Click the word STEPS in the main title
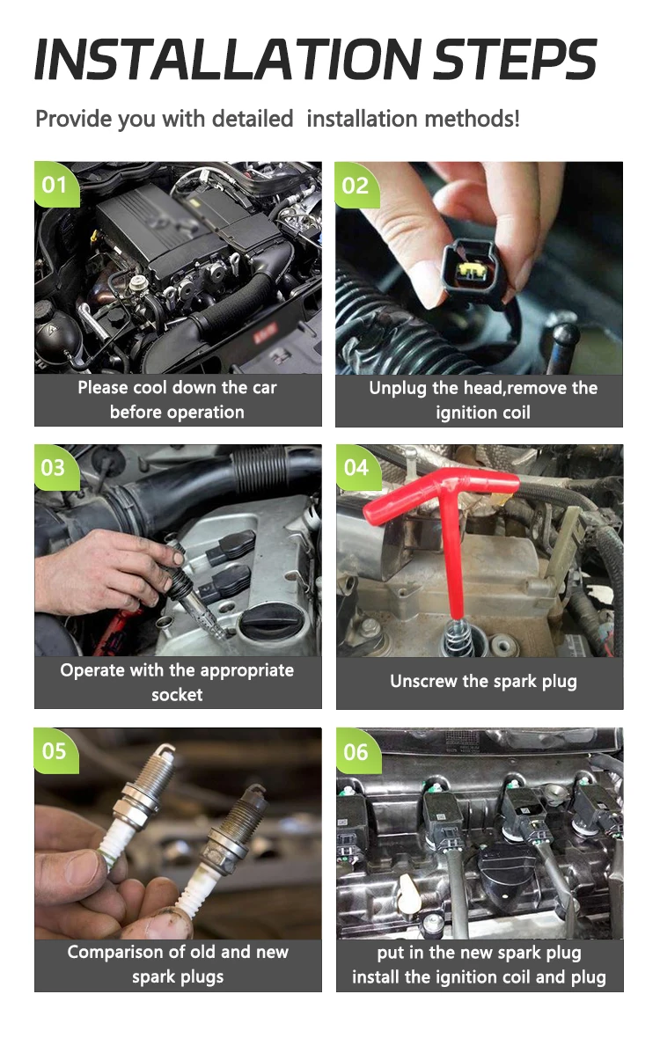tap(516, 60)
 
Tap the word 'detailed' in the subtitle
tap(253, 119)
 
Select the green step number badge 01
tap(56, 184)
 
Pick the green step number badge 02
tap(356, 185)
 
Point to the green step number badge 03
tap(56, 467)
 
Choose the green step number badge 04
tap(358, 467)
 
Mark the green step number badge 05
tap(56, 750)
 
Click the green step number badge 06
tap(358, 751)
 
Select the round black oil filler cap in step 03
tap(271, 621)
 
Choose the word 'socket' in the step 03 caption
tap(178, 694)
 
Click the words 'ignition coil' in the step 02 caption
tap(483, 413)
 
